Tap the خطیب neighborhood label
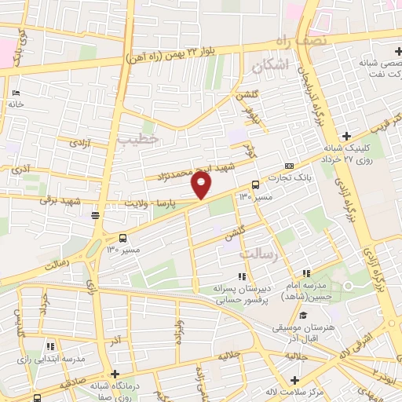point(138,138)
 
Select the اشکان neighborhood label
point(272,65)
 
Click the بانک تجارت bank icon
point(290,166)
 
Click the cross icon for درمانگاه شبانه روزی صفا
point(115,374)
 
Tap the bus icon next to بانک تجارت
point(255,186)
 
